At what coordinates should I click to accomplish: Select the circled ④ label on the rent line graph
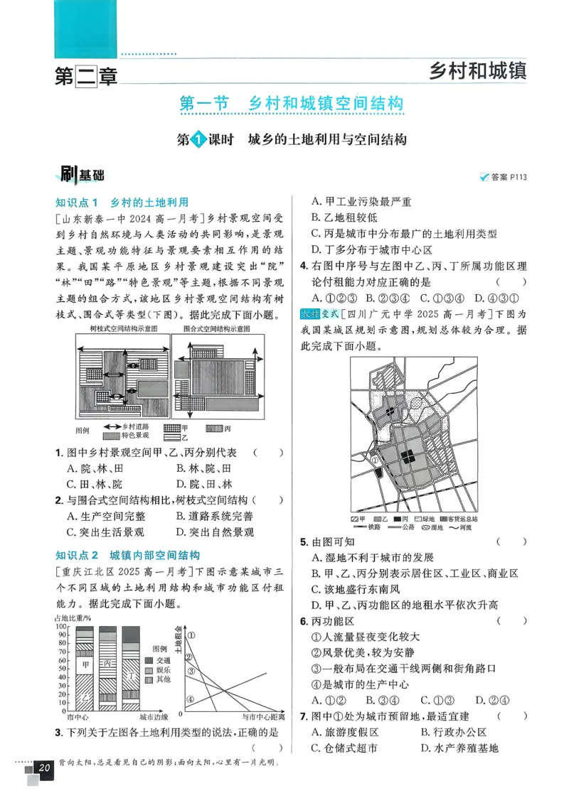click(x=190, y=699)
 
